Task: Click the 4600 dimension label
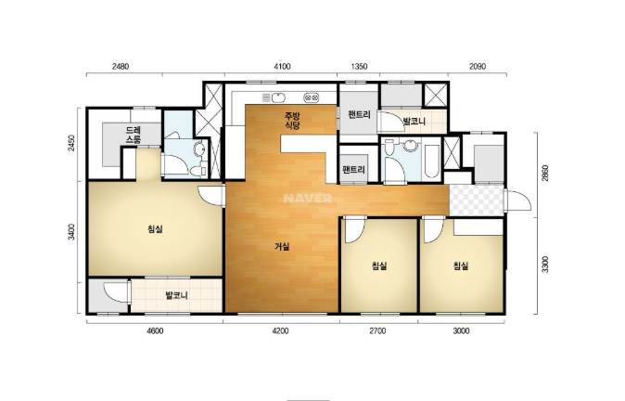(x=155, y=330)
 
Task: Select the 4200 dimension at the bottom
(x=280, y=330)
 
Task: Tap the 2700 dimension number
(x=377, y=330)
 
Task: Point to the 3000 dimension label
(x=461, y=330)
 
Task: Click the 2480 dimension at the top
(x=120, y=66)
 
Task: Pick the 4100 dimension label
(x=282, y=66)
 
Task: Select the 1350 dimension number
(x=359, y=66)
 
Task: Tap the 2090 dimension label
(x=478, y=66)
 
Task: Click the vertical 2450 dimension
(x=71, y=143)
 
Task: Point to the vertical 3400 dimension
(x=71, y=232)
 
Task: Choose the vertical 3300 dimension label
(x=545, y=265)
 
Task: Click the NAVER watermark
(x=307, y=199)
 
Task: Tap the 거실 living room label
(x=282, y=247)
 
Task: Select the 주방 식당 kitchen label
(x=292, y=121)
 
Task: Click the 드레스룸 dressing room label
(x=134, y=135)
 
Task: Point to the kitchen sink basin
(x=278, y=97)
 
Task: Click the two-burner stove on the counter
(x=312, y=97)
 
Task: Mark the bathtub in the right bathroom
(x=431, y=161)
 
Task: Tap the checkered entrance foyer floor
(x=477, y=200)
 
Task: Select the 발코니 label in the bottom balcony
(x=176, y=296)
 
